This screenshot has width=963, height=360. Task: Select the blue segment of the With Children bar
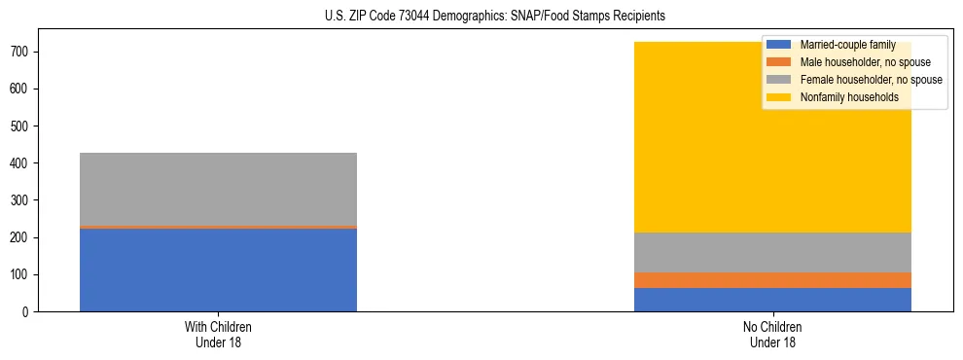click(218, 270)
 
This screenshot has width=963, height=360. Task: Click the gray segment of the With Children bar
click(218, 189)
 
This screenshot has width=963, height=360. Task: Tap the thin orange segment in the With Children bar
click(218, 227)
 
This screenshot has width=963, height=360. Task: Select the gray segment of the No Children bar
click(772, 252)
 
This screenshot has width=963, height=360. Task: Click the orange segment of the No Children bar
click(772, 280)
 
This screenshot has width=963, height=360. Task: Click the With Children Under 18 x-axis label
click(218, 334)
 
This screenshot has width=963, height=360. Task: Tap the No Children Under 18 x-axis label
click(772, 334)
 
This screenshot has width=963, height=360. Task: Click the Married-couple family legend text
click(847, 45)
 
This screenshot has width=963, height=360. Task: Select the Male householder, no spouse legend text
click(864, 62)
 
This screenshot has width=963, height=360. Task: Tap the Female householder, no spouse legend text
click(871, 80)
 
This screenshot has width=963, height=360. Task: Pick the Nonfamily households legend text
click(849, 97)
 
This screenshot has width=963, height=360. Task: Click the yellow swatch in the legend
click(779, 97)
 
